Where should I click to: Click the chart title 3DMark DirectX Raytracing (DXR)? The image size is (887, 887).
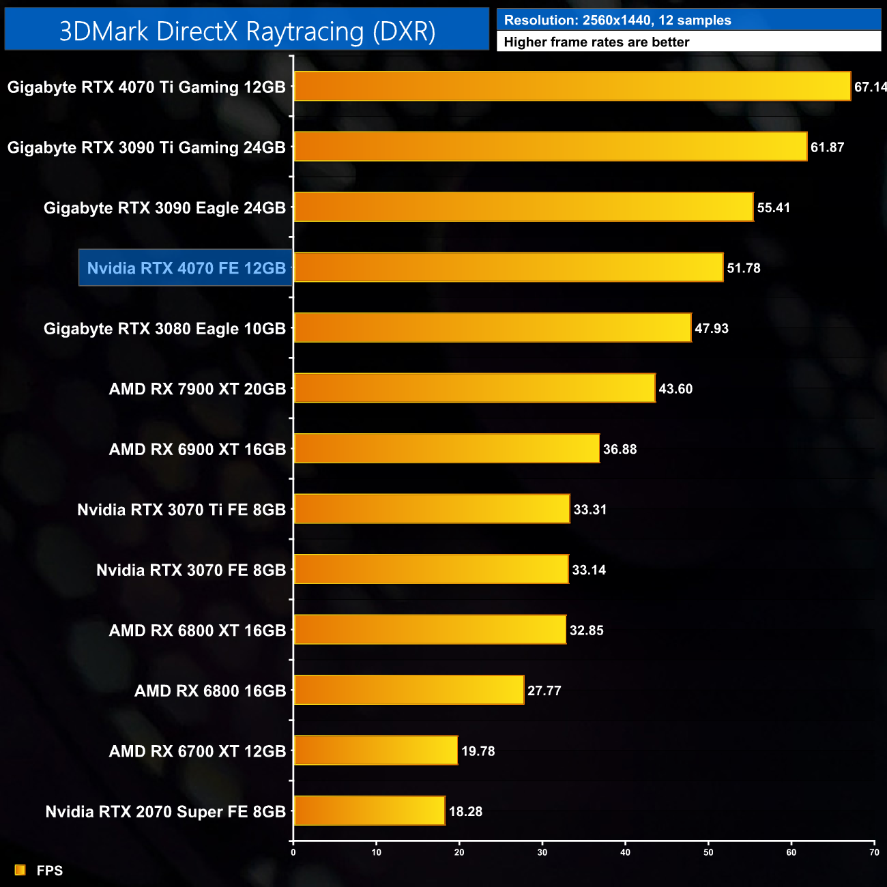pyautogui.click(x=247, y=31)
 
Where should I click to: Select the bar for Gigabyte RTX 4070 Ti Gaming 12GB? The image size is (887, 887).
pyautogui.click(x=572, y=87)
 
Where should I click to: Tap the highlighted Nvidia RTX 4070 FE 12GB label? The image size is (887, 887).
pyautogui.click(x=186, y=268)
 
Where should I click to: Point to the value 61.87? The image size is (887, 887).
pyautogui.click(x=827, y=147)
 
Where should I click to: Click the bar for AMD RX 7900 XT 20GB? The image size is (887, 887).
pyautogui.click(x=474, y=388)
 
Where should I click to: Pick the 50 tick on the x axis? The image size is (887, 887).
pyautogui.click(x=708, y=852)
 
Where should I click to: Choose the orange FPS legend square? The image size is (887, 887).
pyautogui.click(x=20, y=870)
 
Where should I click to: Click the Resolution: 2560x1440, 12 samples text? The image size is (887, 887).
pyautogui.click(x=617, y=20)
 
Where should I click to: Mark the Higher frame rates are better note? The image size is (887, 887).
pyautogui.click(x=596, y=42)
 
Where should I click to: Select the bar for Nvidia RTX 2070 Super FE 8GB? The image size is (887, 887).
pyautogui.click(x=369, y=811)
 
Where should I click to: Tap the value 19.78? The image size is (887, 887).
pyautogui.click(x=478, y=751)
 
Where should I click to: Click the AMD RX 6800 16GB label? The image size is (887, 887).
pyautogui.click(x=210, y=691)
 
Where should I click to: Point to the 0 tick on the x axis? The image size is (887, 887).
pyautogui.click(x=293, y=852)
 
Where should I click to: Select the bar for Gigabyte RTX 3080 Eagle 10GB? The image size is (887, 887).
pyautogui.click(x=492, y=328)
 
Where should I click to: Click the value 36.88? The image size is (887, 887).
pyautogui.click(x=620, y=449)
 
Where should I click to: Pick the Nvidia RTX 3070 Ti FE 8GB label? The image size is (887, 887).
pyautogui.click(x=181, y=510)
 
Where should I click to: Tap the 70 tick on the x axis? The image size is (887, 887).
pyautogui.click(x=874, y=852)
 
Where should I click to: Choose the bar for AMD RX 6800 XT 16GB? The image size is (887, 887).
pyautogui.click(x=430, y=630)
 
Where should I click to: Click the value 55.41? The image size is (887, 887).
pyautogui.click(x=773, y=208)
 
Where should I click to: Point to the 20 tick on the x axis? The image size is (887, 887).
pyautogui.click(x=459, y=852)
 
